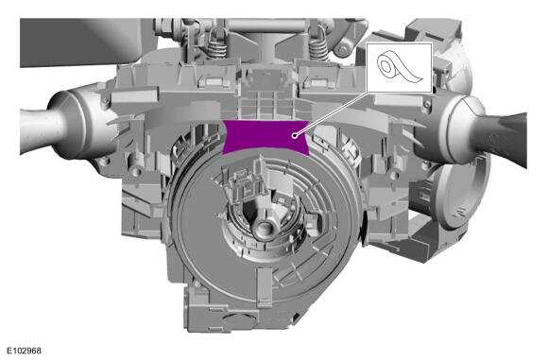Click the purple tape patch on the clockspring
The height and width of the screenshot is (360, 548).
tap(265, 137)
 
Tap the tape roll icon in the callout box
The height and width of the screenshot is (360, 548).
tap(399, 68)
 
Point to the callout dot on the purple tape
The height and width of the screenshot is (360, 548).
tap(296, 135)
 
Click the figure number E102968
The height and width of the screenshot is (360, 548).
tap(25, 351)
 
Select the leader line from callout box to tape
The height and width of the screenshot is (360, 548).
tap(332, 113)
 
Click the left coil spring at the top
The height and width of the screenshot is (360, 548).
tap(217, 42)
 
